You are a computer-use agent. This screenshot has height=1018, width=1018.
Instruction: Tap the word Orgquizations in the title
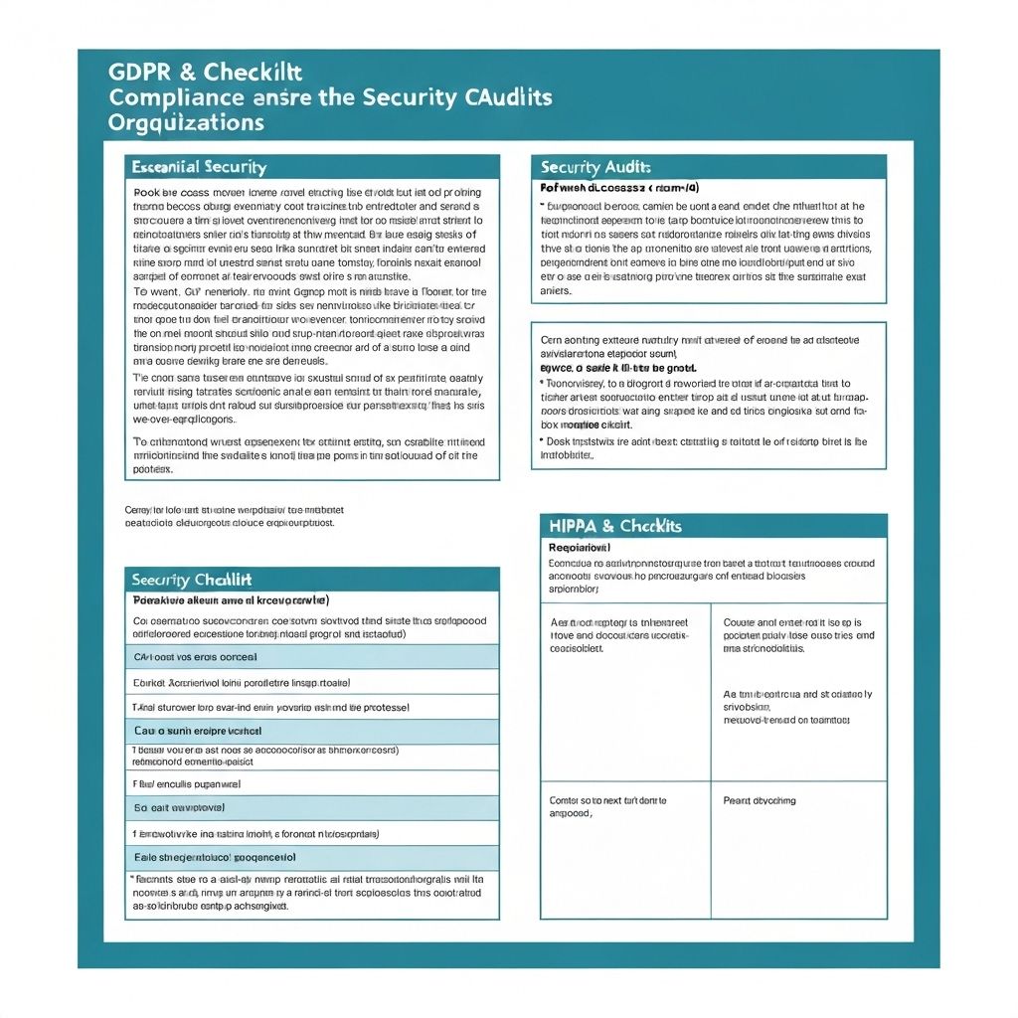[186, 123]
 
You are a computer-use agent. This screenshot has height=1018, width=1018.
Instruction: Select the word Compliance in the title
[175, 98]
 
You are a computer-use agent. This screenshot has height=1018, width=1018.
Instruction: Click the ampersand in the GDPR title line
[188, 73]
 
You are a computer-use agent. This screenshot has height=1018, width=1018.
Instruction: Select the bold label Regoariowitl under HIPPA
[580, 547]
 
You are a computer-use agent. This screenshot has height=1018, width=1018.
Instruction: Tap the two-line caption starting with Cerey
[230, 515]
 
